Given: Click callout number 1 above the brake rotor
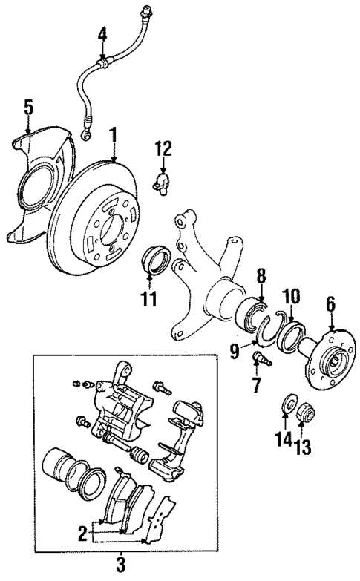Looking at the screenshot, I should (x=114, y=136).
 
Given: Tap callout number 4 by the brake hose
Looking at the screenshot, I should (x=102, y=33).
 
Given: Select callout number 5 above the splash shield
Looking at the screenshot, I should (x=27, y=108).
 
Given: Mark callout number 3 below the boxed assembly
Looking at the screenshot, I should (x=120, y=565).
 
